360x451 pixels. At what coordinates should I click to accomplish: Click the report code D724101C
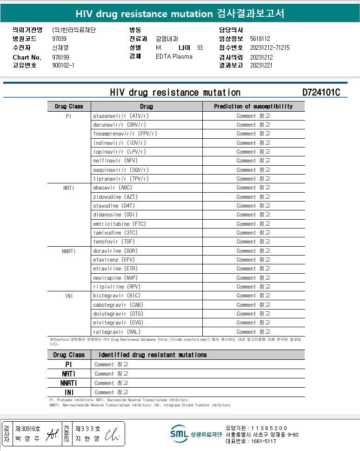pos(321,92)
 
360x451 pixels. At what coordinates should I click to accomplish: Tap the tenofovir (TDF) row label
pos(114,242)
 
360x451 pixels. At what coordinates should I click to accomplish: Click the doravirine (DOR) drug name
pos(115,251)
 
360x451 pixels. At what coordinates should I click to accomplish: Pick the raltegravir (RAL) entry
pos(116,332)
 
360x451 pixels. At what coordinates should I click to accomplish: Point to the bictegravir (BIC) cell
pos(116,296)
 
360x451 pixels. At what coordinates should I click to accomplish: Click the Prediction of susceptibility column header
pos(253,107)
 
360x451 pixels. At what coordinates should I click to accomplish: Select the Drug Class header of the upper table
pos(69,107)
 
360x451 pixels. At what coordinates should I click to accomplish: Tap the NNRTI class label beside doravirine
pos(68,251)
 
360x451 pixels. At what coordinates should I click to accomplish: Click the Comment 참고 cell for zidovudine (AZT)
pos(253,197)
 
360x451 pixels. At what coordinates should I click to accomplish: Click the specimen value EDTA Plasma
pos(174,56)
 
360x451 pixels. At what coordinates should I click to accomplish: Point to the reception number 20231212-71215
pos(270,47)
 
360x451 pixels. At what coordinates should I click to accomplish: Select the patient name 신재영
pos(60,47)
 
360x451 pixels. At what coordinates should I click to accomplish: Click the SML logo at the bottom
pos(179,434)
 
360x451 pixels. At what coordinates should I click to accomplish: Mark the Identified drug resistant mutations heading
pos(153,355)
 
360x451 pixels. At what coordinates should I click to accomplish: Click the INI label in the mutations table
pos(69,392)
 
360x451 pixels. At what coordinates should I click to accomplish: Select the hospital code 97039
pos(59,39)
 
